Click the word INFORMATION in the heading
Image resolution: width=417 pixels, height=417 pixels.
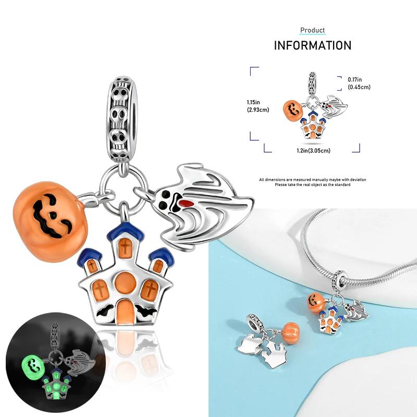[x=313, y=45]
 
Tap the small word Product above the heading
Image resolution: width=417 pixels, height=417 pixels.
[x=313, y=30]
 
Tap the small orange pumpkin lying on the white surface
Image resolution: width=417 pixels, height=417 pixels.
[x=290, y=332]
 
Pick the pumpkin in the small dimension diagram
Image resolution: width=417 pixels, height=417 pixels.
[x=293, y=109]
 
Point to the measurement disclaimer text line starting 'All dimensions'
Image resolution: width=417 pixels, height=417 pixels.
[x=313, y=180]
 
